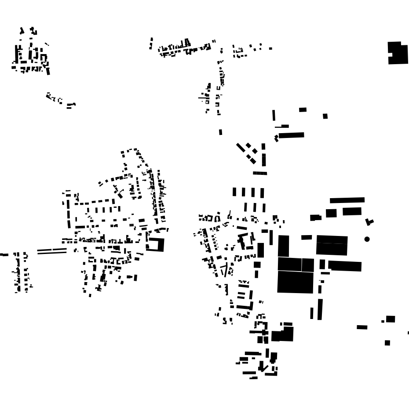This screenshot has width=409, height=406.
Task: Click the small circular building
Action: point(367,239)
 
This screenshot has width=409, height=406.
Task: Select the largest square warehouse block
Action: point(295,282)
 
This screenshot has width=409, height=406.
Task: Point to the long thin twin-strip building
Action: point(52,251)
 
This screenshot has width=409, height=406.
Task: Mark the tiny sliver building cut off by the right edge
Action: point(408,333)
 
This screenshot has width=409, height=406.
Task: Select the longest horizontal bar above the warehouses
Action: point(347,200)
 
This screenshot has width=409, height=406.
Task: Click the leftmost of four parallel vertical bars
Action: point(234,192)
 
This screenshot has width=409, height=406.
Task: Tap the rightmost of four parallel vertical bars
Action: point(262,192)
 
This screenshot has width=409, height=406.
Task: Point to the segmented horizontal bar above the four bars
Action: point(260,173)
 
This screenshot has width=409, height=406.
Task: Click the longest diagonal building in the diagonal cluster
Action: point(241,147)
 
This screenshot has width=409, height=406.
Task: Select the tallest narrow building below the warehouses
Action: point(320,309)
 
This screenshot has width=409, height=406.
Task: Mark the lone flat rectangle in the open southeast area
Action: point(362,327)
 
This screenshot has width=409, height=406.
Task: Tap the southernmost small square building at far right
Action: point(387,343)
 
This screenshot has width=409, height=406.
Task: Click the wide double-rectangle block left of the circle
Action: point(332,244)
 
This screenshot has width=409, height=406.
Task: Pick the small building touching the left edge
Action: point(4,254)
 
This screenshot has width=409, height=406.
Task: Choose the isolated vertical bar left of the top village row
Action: point(151,43)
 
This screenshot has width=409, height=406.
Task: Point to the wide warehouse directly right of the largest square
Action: point(345,266)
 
